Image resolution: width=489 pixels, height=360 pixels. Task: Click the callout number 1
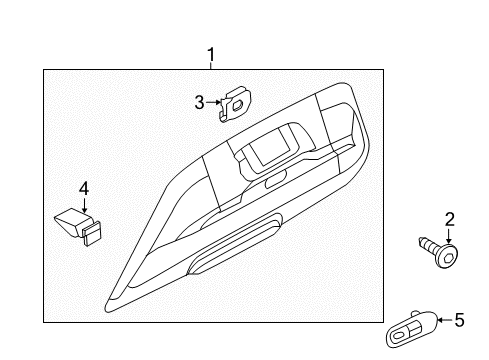point(211,54)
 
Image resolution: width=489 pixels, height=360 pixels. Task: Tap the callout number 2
point(449,220)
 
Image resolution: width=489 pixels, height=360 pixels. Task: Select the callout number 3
point(199,102)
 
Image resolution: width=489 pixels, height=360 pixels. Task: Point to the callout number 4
point(84,189)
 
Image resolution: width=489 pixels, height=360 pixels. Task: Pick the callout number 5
point(459,320)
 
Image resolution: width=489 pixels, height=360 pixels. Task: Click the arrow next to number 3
point(214,102)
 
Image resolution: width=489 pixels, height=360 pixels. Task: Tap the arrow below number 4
point(84,205)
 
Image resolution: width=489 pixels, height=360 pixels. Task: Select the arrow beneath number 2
point(449,236)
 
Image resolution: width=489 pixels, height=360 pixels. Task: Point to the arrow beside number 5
point(445,320)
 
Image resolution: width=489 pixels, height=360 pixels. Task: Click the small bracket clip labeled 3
point(234,104)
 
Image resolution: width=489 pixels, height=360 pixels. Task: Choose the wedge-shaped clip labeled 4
point(79,227)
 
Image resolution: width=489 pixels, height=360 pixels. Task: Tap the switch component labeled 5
point(411,329)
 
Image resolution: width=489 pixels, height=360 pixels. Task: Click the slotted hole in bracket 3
point(238,105)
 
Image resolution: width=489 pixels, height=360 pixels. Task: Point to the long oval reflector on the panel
point(235,243)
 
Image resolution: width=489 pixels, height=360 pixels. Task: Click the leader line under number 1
point(211,66)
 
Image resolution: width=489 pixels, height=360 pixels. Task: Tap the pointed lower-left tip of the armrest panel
point(107,309)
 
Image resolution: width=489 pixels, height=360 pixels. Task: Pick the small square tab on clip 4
point(92,232)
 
